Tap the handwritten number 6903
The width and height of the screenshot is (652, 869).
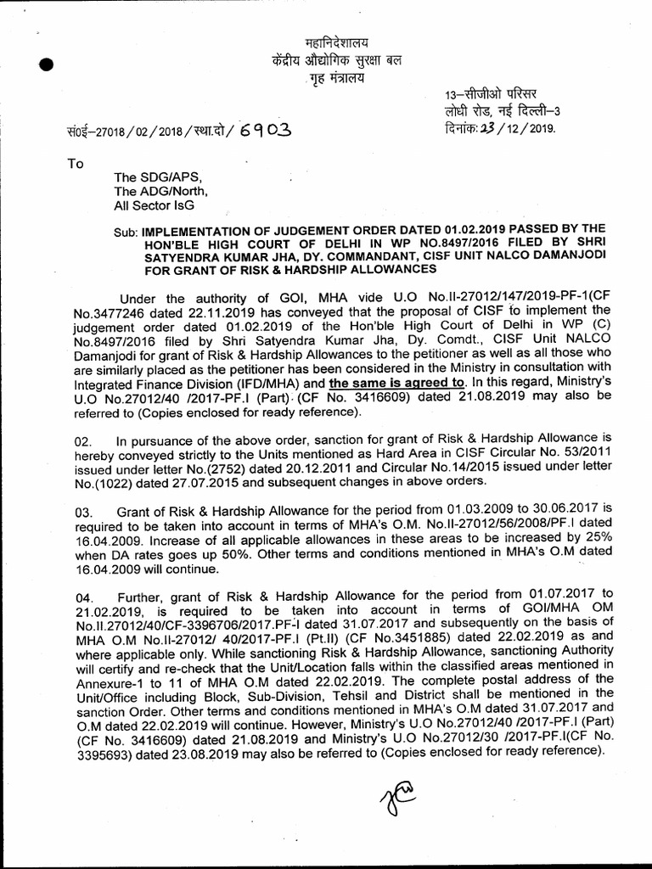point(266,131)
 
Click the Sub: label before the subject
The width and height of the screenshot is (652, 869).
point(127,231)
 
